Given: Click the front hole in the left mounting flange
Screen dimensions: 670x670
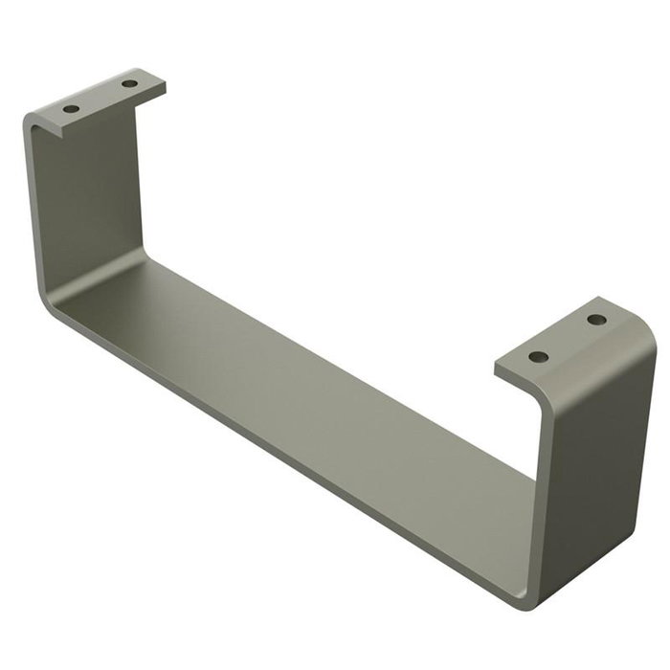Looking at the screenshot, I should [x=72, y=108].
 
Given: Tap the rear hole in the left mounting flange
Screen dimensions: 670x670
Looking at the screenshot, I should [x=129, y=84].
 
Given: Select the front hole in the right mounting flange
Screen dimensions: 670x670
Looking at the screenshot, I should [x=539, y=356].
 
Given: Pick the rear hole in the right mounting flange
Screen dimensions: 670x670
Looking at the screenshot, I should [x=596, y=320].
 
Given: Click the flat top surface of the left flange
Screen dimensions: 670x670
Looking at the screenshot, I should [x=100, y=96].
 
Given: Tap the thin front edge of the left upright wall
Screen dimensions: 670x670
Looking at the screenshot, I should [x=32, y=211].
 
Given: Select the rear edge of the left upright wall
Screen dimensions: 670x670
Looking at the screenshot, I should [x=142, y=182].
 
